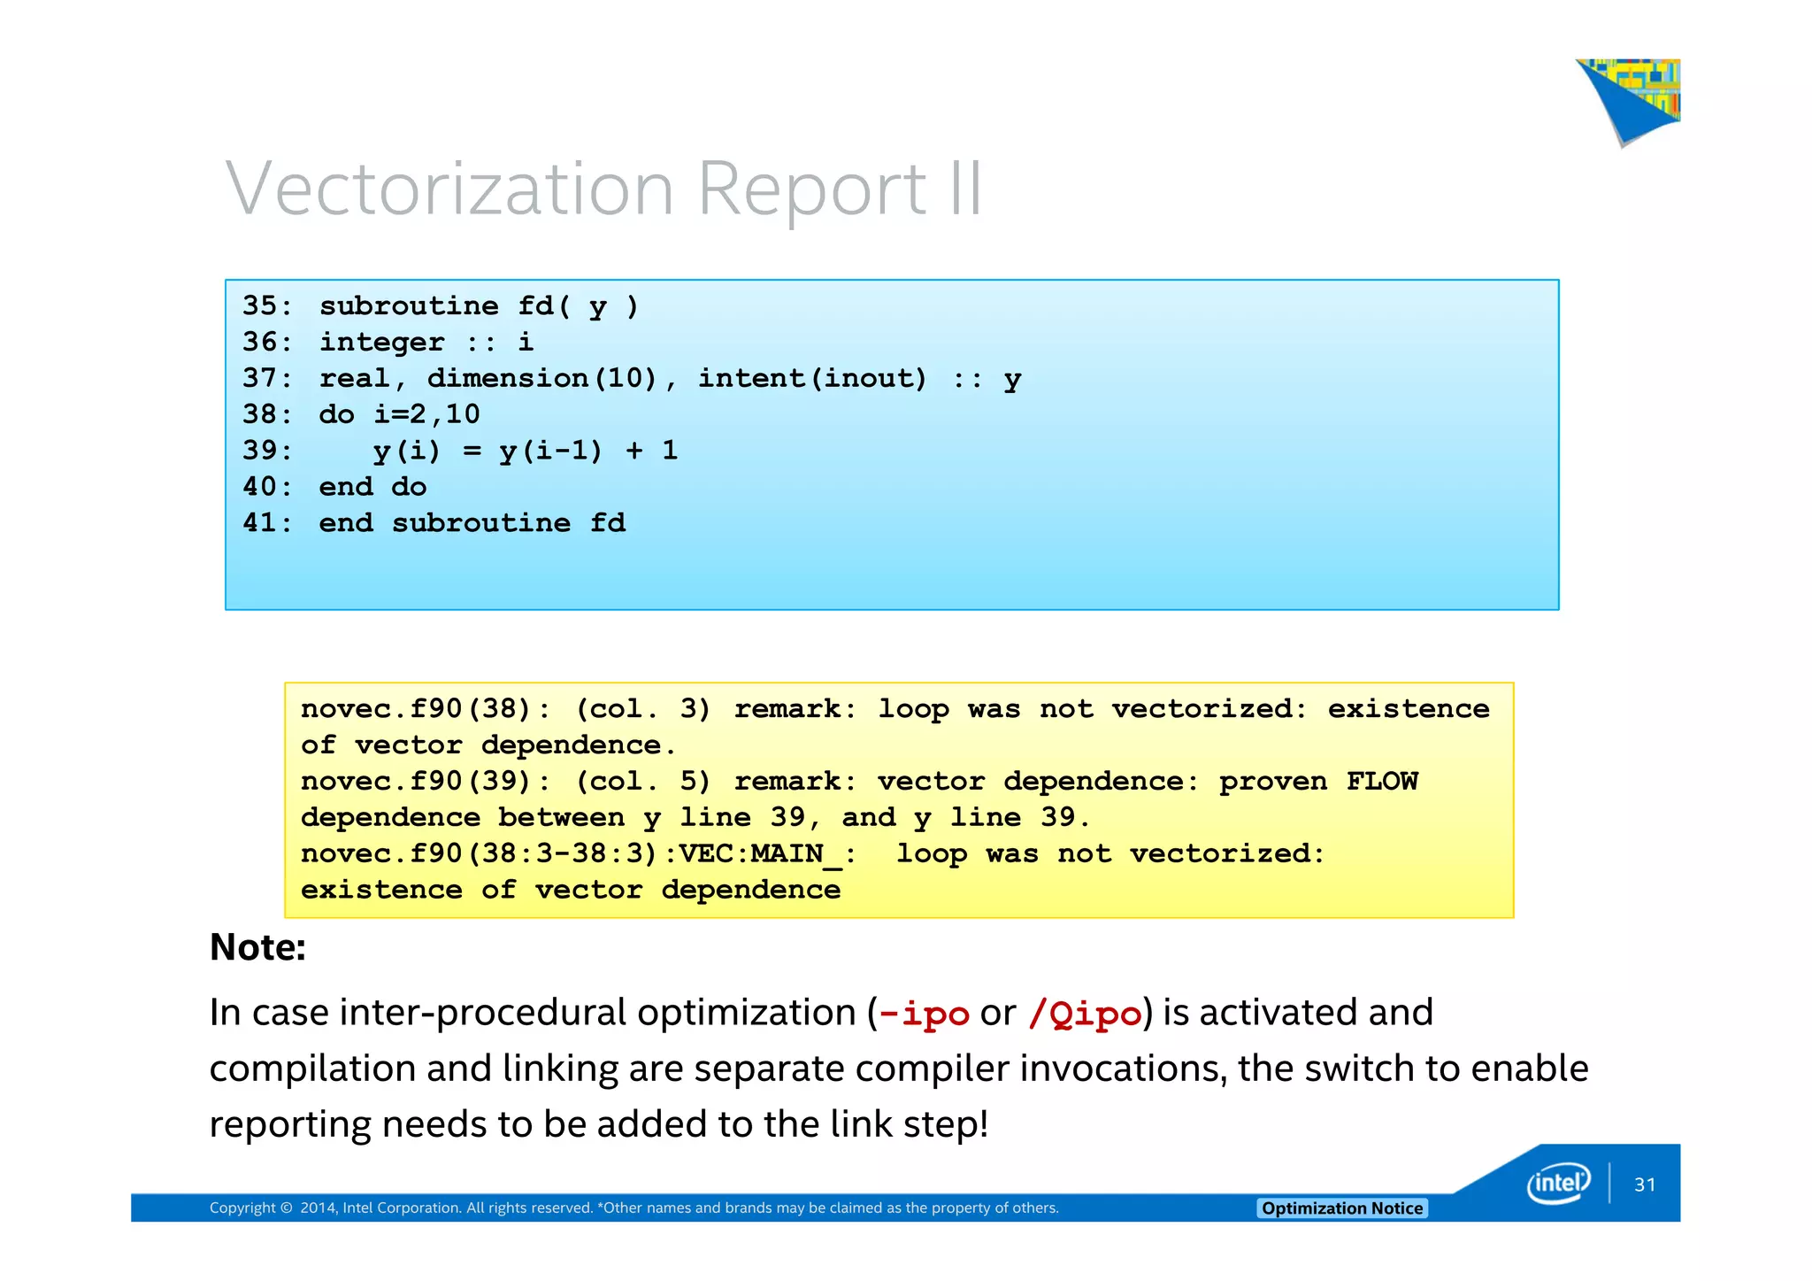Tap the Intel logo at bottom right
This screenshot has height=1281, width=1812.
point(1558,1183)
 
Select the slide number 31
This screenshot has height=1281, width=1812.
point(1645,1185)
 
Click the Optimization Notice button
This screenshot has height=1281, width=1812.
point(1341,1208)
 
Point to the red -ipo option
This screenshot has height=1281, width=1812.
point(923,1014)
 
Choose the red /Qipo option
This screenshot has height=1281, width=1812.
point(1085,1014)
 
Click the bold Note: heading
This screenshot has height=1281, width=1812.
point(257,947)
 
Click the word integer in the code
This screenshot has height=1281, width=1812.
point(381,342)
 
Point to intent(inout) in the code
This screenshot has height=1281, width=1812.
point(811,378)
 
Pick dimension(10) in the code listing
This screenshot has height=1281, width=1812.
point(542,378)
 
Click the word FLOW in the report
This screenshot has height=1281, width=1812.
point(1381,781)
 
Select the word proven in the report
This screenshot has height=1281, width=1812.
point(1272,781)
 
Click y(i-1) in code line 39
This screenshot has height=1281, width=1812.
point(549,451)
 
